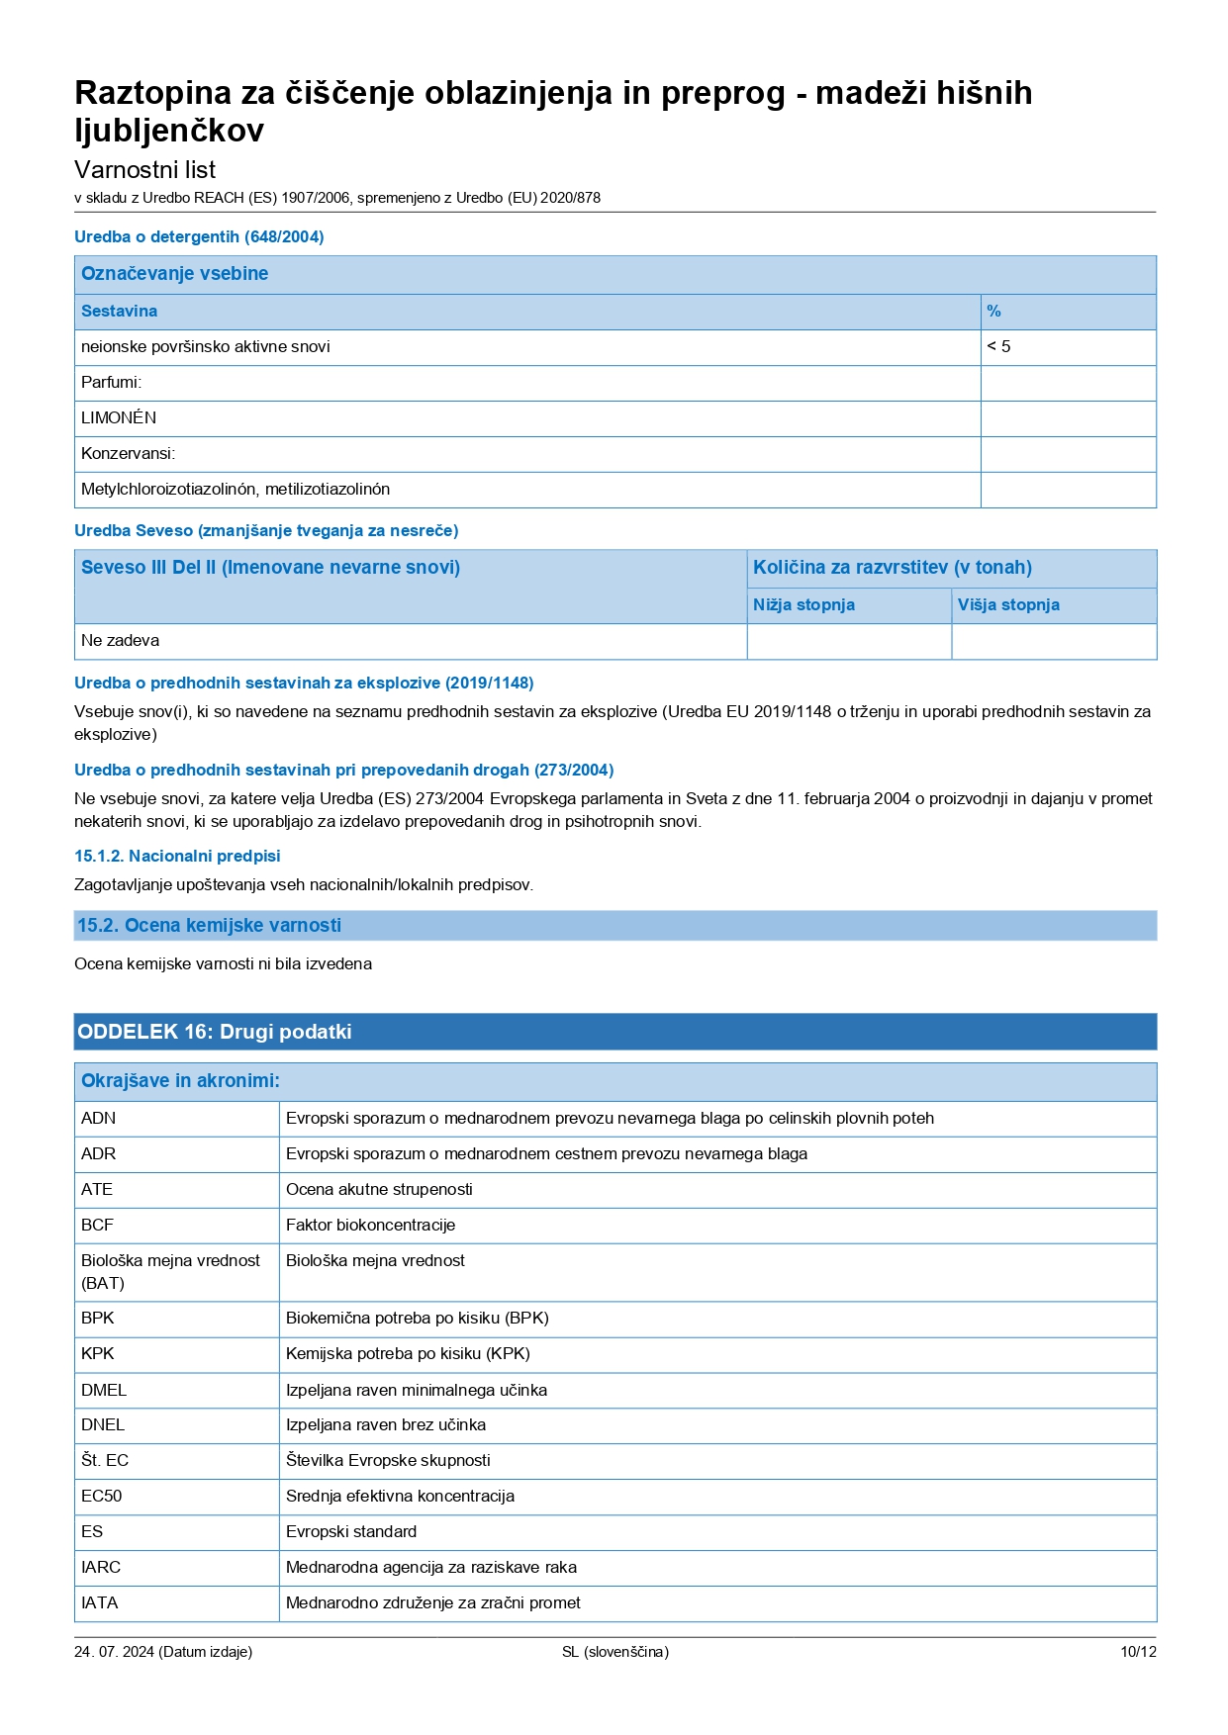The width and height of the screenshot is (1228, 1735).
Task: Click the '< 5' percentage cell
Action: (x=999, y=347)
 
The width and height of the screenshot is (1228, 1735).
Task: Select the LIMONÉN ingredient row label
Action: (x=119, y=418)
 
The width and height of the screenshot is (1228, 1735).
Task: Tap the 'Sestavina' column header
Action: (x=119, y=312)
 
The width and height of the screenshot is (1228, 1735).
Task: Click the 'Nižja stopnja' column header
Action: (x=803, y=605)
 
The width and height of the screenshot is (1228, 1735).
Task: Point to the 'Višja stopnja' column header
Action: (x=1008, y=605)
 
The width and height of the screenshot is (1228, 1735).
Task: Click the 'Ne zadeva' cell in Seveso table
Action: (x=120, y=641)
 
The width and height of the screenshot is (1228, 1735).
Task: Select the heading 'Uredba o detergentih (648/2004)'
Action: (x=199, y=237)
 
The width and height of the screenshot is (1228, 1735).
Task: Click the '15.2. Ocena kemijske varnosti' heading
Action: (x=209, y=926)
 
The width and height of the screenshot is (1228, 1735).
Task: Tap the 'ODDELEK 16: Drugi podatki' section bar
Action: (x=215, y=1032)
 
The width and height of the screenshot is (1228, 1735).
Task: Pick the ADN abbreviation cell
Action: (x=98, y=1119)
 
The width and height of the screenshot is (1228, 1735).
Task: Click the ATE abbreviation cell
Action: (x=97, y=1190)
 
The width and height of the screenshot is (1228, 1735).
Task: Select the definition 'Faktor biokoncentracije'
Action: (x=370, y=1226)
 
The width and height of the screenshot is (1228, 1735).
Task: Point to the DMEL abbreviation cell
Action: (x=104, y=1391)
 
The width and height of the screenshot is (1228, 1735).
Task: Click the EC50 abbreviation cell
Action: (x=101, y=1497)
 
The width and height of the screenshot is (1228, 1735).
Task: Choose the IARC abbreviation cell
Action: (x=101, y=1568)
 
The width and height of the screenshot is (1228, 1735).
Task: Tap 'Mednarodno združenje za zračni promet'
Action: (x=432, y=1603)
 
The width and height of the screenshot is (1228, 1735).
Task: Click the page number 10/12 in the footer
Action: (x=1138, y=1652)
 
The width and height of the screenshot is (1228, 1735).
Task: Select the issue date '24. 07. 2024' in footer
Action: (x=114, y=1652)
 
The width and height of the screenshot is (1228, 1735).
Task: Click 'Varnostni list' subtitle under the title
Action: (x=144, y=170)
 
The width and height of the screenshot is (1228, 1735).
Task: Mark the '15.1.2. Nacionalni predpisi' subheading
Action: (x=177, y=857)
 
